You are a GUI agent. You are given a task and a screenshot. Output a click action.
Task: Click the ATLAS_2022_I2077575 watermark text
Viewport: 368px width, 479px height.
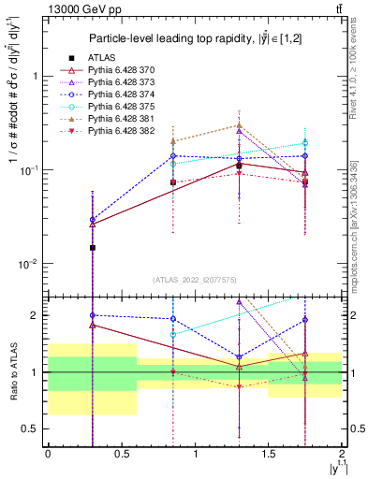[195, 280]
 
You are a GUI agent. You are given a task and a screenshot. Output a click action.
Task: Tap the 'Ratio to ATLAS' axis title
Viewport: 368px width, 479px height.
[12, 371]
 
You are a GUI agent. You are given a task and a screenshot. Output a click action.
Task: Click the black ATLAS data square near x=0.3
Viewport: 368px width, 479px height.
[92, 247]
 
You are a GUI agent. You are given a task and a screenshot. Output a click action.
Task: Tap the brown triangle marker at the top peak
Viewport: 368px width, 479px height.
[240, 125]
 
